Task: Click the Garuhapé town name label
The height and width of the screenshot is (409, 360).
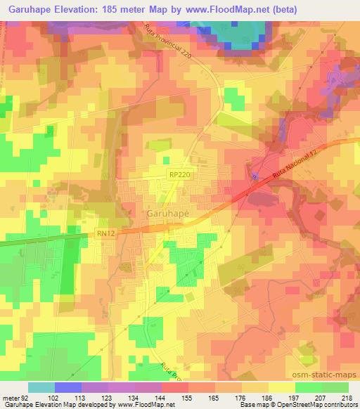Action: tap(169, 212)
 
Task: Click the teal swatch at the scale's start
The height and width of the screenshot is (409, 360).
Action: tap(41, 387)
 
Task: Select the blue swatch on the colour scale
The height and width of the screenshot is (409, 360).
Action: tap(68, 387)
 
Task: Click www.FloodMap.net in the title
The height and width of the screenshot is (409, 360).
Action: tap(222, 9)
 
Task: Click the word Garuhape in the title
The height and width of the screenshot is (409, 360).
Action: tap(27, 9)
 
